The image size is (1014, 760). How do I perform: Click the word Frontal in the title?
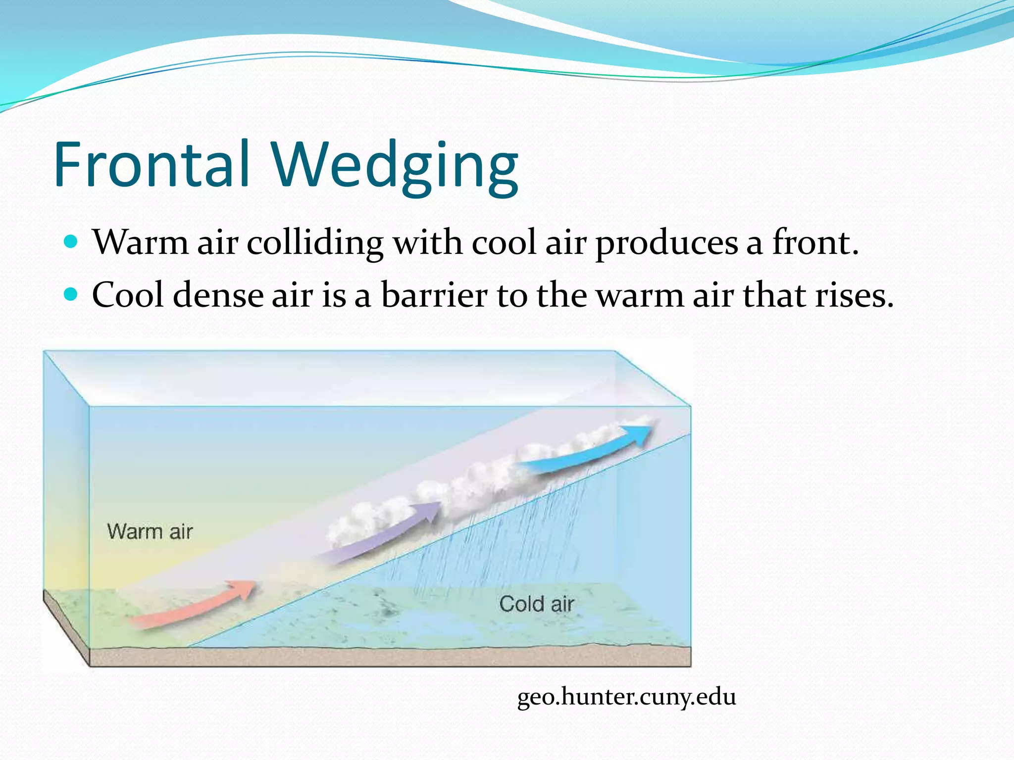click(152, 164)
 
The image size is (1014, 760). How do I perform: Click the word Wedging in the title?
click(395, 166)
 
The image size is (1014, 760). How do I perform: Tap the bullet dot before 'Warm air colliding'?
click(72, 242)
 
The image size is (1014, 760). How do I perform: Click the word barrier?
click(434, 295)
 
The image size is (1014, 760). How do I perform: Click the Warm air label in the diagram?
click(150, 531)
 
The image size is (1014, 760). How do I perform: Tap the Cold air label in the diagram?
click(537, 604)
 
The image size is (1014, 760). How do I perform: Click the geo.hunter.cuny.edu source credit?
click(626, 697)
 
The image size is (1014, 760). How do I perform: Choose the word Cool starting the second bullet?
click(128, 295)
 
